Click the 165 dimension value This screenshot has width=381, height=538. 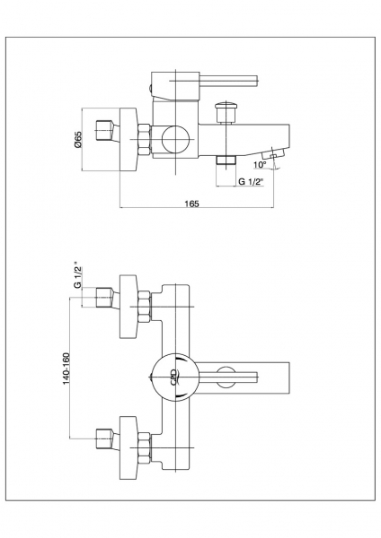tap(192, 204)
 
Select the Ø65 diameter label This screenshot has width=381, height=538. tap(78, 140)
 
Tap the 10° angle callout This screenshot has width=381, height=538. tap(260, 165)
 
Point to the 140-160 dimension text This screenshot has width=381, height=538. tap(66, 369)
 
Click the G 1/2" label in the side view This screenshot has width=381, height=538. tap(251, 181)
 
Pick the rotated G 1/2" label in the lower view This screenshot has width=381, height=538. tap(78, 275)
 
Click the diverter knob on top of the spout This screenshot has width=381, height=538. tap(226, 112)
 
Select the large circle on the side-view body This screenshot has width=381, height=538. tap(175, 139)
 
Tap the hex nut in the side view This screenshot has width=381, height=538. tap(145, 139)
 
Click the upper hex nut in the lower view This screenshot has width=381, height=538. tap(145, 307)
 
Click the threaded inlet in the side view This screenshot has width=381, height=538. tap(105, 131)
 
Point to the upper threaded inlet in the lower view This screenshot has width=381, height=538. tap(105, 298)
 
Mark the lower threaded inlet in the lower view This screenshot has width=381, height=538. tap(105, 439)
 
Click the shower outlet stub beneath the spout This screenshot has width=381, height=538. tap(226, 160)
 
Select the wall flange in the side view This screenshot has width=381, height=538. tap(128, 139)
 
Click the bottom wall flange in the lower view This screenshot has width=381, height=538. tap(128, 447)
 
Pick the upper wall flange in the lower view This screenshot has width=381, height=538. tap(128, 307)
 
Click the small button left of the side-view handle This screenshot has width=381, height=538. tap(151, 88)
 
